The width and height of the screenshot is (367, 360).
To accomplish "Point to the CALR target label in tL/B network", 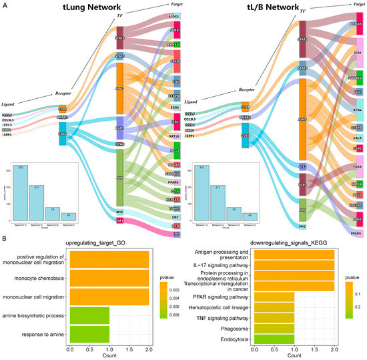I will (358, 140).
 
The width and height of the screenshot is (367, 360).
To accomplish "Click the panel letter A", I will (5, 5).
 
